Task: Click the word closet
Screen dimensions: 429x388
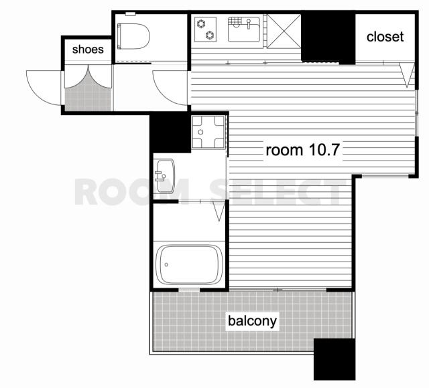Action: pos(385,37)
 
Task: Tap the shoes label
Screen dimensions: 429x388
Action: pos(88,50)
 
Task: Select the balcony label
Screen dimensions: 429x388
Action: pos(252,321)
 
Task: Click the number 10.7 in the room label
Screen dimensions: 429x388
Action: pos(324,150)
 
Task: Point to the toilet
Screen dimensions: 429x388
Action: pos(133,36)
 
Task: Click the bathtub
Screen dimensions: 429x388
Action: pos(189,264)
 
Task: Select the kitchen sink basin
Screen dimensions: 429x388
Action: pos(244,29)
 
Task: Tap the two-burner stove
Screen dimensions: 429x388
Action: pos(206,29)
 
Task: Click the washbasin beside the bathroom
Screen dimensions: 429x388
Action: pos(164,176)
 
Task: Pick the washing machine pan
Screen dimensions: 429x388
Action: pos(208,132)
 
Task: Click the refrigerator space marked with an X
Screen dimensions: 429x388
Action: pos(284,31)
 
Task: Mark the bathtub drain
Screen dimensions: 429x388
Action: pos(166,265)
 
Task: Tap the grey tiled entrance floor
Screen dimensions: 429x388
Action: pos(88,97)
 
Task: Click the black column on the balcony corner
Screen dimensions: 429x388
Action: pos(334,359)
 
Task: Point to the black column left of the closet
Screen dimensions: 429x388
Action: pos(328,37)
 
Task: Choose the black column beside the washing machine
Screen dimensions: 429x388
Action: pos(170,133)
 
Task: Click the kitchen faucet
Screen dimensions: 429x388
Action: pos(249,24)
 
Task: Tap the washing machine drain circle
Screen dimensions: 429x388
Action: pos(200,132)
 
